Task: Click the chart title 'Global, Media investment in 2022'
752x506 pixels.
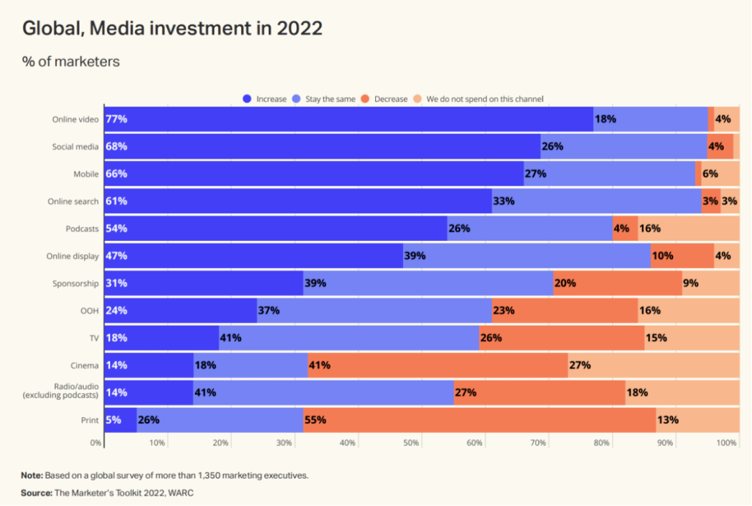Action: (x=173, y=29)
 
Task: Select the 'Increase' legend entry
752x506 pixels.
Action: (x=265, y=99)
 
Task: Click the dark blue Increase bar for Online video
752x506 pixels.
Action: (x=348, y=119)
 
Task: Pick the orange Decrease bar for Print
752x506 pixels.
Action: (x=480, y=420)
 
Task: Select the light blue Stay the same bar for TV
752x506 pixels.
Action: (x=349, y=338)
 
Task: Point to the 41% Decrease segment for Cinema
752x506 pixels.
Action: (x=437, y=365)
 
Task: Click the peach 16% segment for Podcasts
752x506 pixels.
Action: (x=689, y=228)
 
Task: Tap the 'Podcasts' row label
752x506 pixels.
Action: (x=81, y=228)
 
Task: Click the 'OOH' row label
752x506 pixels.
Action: (x=89, y=310)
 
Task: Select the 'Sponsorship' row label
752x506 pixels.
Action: (x=75, y=283)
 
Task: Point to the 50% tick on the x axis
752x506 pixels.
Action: (x=411, y=443)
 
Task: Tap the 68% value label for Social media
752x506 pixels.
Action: (x=116, y=146)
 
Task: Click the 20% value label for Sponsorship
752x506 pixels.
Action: (x=565, y=283)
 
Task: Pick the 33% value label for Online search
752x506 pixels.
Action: (x=503, y=201)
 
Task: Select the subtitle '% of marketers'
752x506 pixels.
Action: (x=71, y=61)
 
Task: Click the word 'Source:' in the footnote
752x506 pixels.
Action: (x=36, y=493)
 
